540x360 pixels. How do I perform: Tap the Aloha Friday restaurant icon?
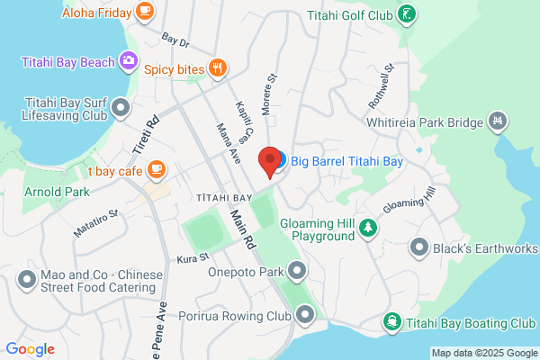[145, 12]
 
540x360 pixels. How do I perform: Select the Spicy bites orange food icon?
[216, 67]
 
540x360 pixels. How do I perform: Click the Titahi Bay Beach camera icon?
[129, 61]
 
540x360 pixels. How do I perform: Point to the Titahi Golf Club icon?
[408, 14]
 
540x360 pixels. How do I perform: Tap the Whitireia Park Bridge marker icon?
[497, 121]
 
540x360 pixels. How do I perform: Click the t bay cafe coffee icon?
[157, 168]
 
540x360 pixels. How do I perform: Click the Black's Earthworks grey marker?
[418, 246]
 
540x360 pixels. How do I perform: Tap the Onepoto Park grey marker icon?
[298, 270]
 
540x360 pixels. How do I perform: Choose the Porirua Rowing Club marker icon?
[306, 315]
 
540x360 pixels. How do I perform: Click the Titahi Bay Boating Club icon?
[392, 321]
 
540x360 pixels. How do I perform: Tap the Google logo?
[31, 348]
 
